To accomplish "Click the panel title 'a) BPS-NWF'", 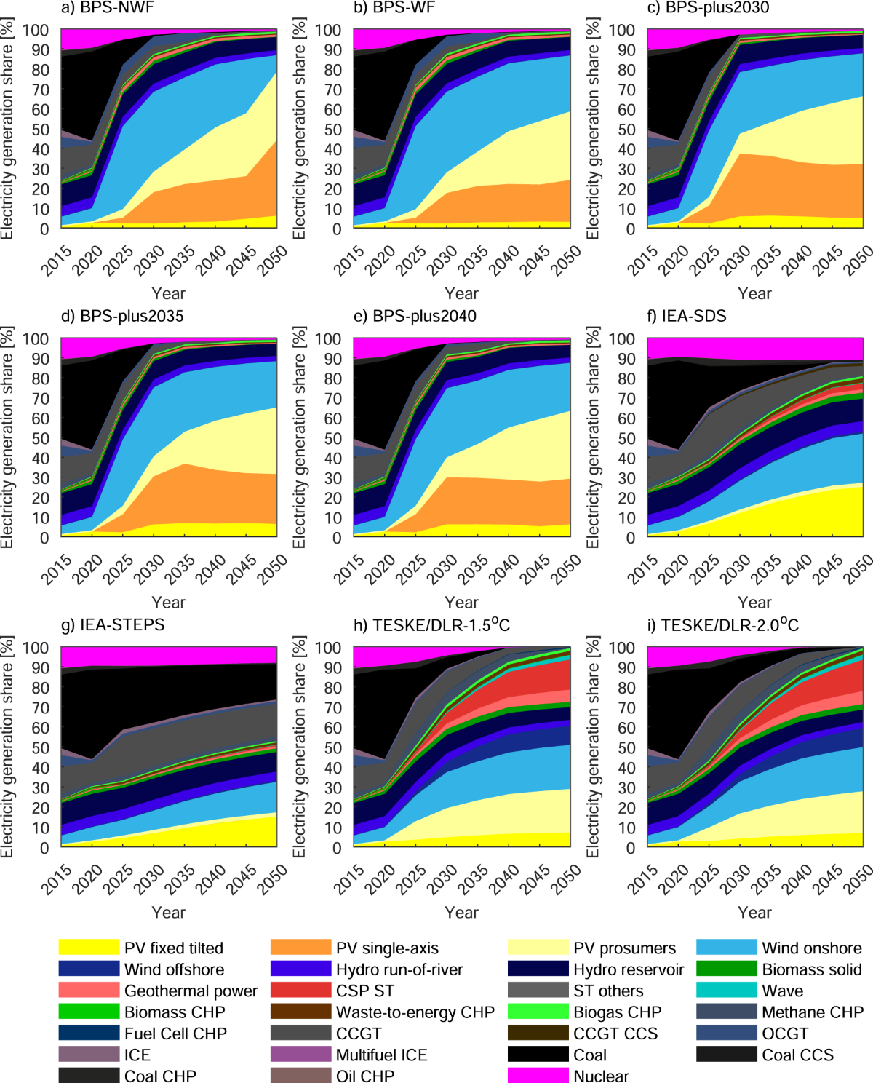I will coord(107,8).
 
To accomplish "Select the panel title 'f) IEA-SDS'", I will coord(686,316).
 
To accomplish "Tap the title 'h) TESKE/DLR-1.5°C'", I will coord(441,625).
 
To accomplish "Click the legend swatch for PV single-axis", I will coord(300,947).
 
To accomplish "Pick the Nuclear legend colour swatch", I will coord(538,1075).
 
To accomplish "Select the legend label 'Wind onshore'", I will coord(811,948).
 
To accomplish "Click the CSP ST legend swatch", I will coord(300,990).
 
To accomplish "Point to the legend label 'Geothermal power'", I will coord(191,991).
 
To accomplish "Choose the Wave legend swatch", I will coord(726,990).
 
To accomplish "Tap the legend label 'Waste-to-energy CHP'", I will coord(415,1012).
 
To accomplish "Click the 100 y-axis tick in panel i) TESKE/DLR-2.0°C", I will coord(621,647).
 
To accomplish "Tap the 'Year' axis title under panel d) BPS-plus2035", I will coord(168,602).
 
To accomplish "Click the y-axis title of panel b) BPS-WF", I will coord(299,129).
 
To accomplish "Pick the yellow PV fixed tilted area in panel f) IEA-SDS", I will coord(815,517).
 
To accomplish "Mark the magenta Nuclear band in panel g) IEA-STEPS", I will coord(167,655).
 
